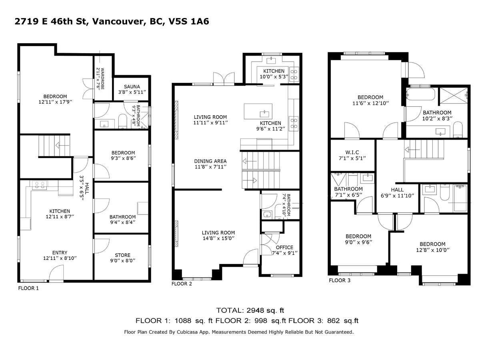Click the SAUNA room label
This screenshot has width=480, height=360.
(132, 87)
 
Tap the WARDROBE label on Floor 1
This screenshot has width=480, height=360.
(102, 79)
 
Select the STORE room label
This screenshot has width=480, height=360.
(122, 255)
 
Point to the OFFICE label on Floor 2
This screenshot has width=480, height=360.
(284, 247)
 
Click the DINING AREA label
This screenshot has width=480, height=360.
(210, 161)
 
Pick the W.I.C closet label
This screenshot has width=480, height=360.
(352, 152)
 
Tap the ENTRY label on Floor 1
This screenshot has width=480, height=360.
(60, 252)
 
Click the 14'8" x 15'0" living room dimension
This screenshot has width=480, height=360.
(218, 238)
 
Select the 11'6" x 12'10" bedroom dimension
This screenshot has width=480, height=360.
(370, 103)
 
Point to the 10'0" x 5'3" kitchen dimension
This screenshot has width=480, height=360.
(274, 77)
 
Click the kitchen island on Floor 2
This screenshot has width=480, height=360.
(258, 112)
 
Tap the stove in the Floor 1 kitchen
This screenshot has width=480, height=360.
(40, 185)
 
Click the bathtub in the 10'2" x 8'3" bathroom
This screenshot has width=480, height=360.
(420, 94)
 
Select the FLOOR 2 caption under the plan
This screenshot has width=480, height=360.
(182, 284)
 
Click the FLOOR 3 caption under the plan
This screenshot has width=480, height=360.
(340, 280)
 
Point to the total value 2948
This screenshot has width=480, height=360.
(256, 310)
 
